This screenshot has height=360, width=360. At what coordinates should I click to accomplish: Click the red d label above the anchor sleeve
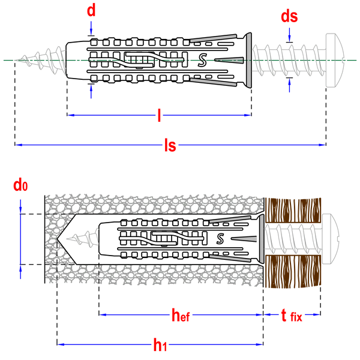pyautogui.click(x=91, y=10)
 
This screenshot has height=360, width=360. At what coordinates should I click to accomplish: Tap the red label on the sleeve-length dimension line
pyautogui.click(x=159, y=115)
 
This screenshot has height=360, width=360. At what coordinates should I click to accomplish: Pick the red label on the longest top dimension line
pyautogui.click(x=170, y=145)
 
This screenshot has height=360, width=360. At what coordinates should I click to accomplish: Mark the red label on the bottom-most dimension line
pyautogui.click(x=160, y=345)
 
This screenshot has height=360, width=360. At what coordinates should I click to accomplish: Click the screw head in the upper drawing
pyautogui.click(x=335, y=60)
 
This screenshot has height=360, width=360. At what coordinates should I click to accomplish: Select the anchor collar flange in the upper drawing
pyautogui.click(x=248, y=61)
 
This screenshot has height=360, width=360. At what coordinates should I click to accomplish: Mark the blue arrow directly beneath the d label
pyautogui.click(x=91, y=27)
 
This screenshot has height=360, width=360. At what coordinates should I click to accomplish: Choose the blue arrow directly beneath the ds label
pyautogui.click(x=290, y=34)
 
